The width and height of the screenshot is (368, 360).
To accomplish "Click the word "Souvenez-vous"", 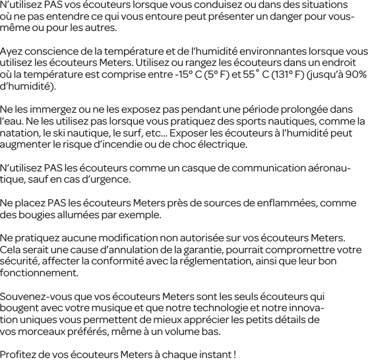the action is click(x=34, y=296).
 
